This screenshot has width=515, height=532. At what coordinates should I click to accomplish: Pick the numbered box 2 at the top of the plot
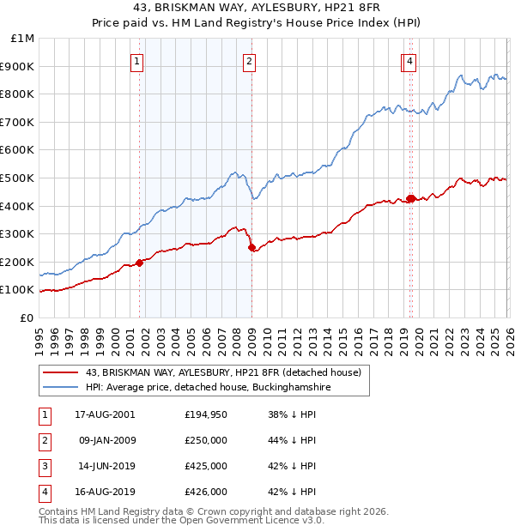coord(249,61)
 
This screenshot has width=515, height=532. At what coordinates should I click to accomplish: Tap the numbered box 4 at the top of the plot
coord(410,61)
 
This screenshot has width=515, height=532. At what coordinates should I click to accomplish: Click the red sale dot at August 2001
coord(139,263)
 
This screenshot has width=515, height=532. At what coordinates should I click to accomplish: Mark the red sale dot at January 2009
coord(251,248)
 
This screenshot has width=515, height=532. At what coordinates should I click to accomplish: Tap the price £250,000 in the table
coord(206,439)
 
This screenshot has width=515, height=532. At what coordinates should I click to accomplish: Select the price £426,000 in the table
coord(206,492)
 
